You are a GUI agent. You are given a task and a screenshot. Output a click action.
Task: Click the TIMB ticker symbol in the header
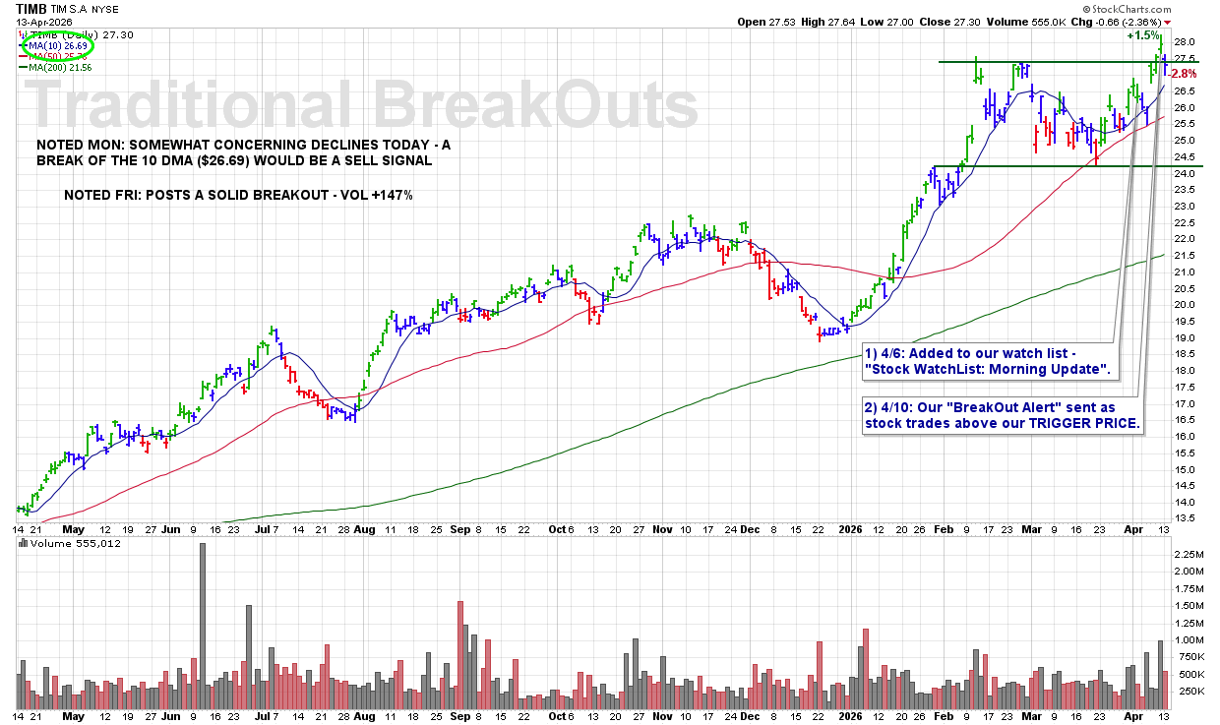coord(31,8)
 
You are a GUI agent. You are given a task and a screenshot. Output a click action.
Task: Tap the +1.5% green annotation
coord(1142,35)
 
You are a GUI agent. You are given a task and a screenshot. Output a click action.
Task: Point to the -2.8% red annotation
coord(1184,74)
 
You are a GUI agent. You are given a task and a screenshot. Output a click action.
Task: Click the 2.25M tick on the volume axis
coord(1188,553)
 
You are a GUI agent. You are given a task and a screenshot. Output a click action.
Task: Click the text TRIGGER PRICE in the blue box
coord(1093,424)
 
